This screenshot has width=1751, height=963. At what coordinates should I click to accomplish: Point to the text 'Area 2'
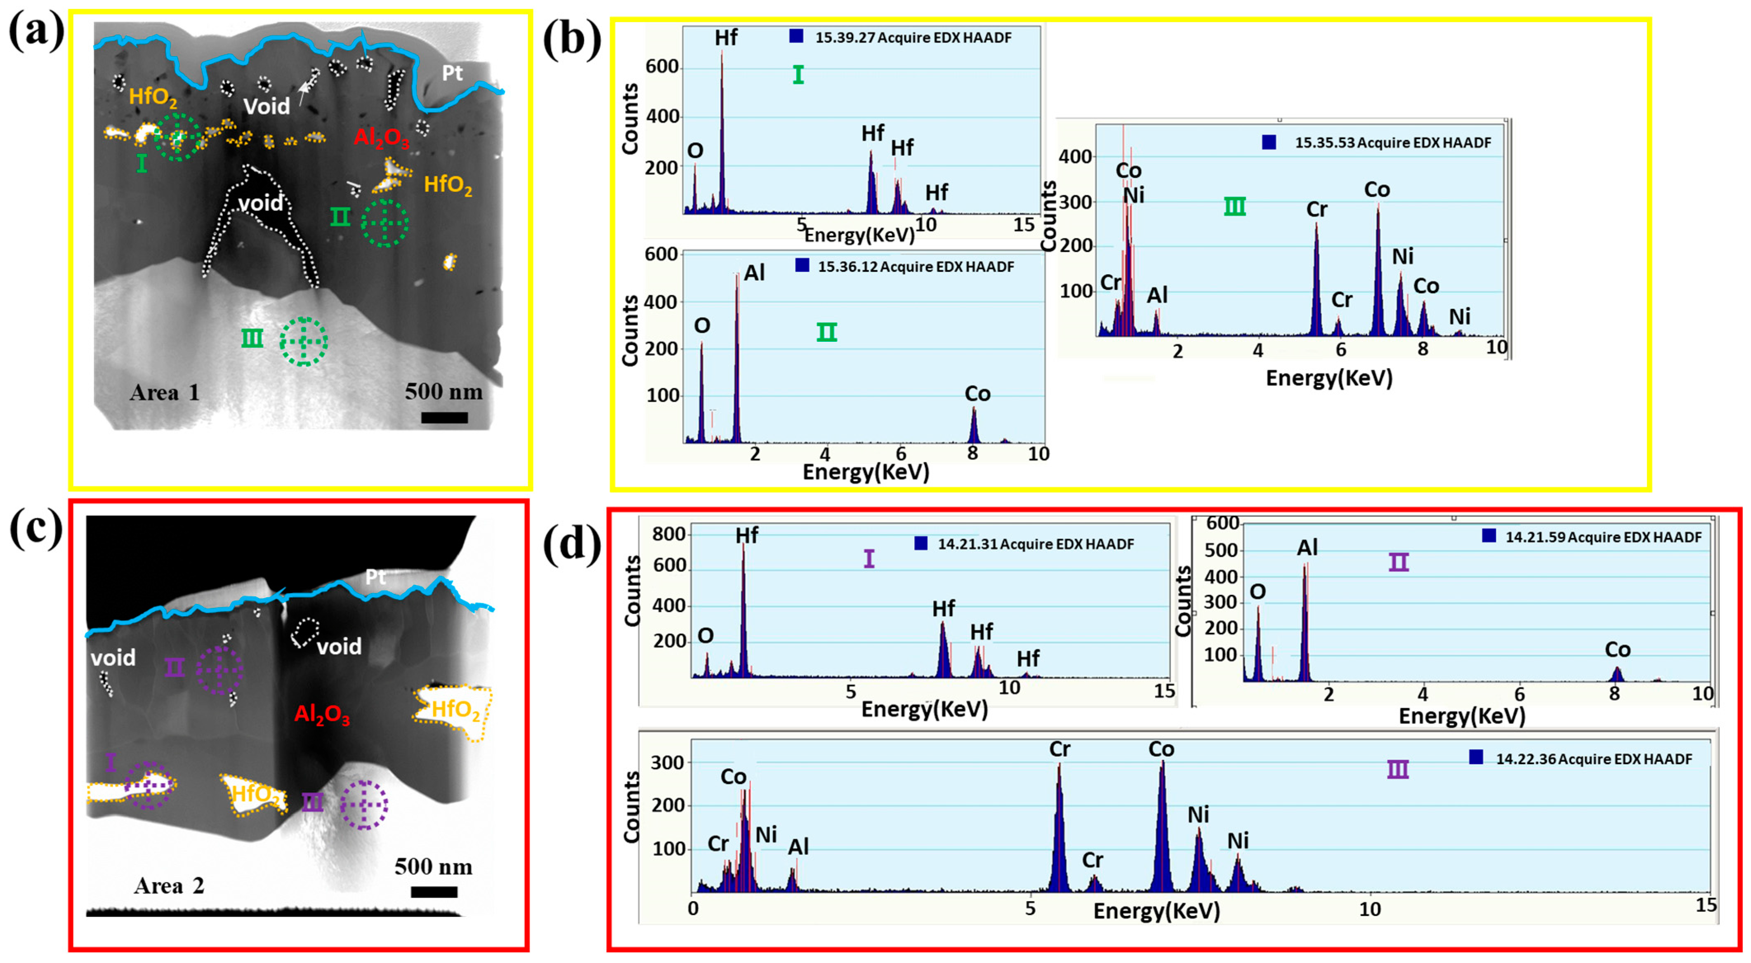[x=169, y=885]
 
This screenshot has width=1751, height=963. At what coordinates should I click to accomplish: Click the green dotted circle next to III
[x=304, y=341]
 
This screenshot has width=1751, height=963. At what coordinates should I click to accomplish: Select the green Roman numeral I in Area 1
[x=142, y=163]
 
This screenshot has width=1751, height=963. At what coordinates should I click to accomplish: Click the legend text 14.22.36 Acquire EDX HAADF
[x=1593, y=758]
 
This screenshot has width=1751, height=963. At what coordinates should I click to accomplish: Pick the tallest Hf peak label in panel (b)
[x=725, y=38]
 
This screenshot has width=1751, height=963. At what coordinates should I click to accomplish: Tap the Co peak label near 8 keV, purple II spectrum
[x=1617, y=650]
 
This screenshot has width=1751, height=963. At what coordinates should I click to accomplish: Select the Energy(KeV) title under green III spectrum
[x=1329, y=378]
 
